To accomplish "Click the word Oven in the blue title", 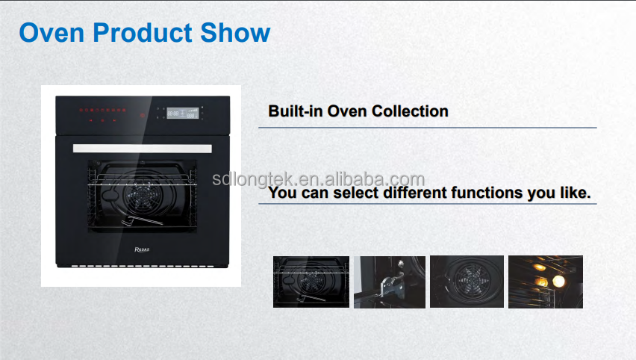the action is pyautogui.click(x=52, y=32).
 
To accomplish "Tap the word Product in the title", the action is pyautogui.click(x=143, y=34).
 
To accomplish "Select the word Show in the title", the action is pyautogui.click(x=235, y=32).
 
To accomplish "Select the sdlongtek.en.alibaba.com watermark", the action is pyautogui.click(x=319, y=179).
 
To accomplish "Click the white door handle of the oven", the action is pyautogui.click(x=143, y=149).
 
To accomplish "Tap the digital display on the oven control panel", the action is pyautogui.click(x=183, y=113).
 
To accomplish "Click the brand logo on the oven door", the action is pyautogui.click(x=142, y=249).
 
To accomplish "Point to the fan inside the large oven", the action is pyautogui.click(x=142, y=196).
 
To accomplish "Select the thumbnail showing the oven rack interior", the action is pyautogui.click(x=311, y=282).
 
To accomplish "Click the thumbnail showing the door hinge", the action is pyautogui.click(x=390, y=282).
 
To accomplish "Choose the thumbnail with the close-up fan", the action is pyautogui.click(x=467, y=282).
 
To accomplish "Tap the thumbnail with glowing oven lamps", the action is pyautogui.click(x=546, y=282).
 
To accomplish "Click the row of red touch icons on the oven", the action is pyautogui.click(x=102, y=110).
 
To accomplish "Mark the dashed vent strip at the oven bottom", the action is pyautogui.click(x=143, y=266).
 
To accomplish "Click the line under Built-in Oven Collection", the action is pyautogui.click(x=428, y=128).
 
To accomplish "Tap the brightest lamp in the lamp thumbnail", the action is pyautogui.click(x=558, y=280).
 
